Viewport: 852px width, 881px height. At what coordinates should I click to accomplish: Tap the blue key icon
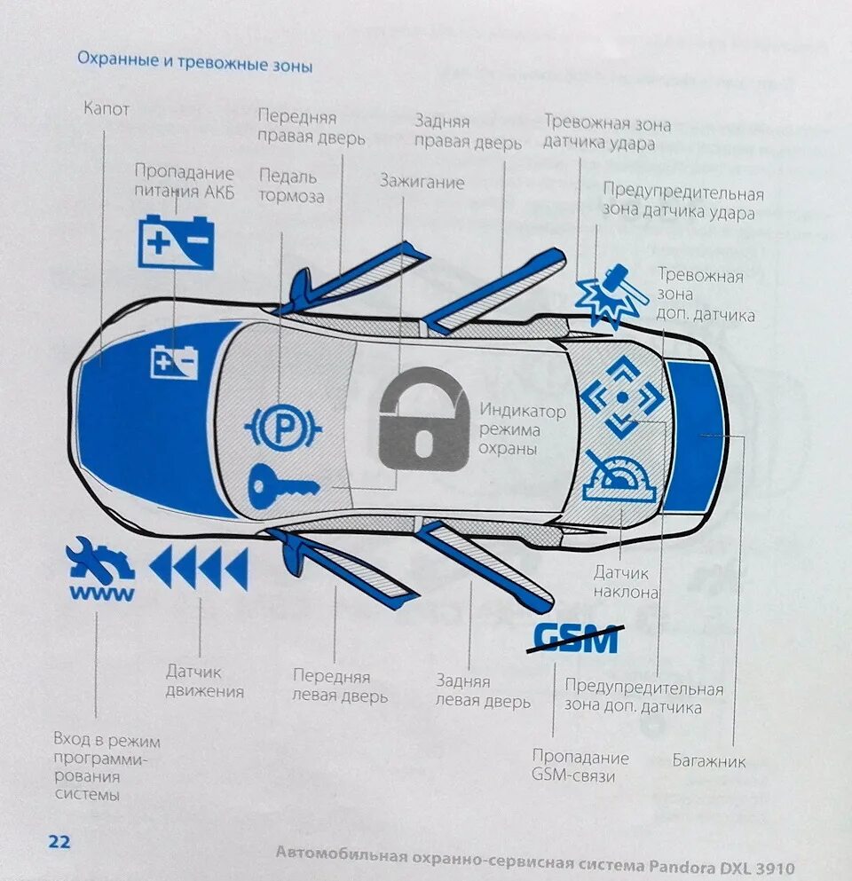pos(282,486)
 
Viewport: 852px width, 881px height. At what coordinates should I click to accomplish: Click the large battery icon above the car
pos(177,242)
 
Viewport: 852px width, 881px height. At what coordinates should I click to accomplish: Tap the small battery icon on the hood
pos(175,362)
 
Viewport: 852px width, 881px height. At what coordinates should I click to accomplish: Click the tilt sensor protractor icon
pos(619,479)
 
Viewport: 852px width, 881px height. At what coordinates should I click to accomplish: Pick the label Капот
pos(106,109)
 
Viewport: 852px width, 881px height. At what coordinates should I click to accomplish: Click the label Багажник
pos(709,761)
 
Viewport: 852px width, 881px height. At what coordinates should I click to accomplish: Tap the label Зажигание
pos(422,183)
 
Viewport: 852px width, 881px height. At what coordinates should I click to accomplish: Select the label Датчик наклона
pos(626,584)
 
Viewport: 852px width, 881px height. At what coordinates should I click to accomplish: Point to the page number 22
pos(59,842)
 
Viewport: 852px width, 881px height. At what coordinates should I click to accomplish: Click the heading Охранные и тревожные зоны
pos(194,63)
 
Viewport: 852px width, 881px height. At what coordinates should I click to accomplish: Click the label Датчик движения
pos(204,681)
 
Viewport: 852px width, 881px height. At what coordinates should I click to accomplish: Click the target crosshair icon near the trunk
pos(622,397)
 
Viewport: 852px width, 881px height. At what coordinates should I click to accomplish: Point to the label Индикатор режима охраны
pos(522,430)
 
